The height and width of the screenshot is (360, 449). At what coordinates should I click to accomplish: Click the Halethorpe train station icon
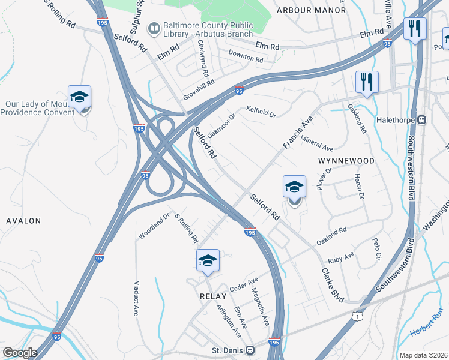(422, 119)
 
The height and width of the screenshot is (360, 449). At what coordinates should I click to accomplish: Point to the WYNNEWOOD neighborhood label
(346, 161)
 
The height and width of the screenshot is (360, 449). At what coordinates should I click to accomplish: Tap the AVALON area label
(23, 221)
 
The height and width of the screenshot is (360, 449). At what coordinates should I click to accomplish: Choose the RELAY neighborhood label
(213, 296)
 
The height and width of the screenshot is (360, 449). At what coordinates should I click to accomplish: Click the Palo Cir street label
(376, 248)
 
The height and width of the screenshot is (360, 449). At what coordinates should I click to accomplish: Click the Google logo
(20, 353)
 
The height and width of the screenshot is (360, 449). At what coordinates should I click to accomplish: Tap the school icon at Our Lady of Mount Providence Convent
(79, 98)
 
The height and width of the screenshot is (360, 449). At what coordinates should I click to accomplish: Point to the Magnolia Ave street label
(262, 307)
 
